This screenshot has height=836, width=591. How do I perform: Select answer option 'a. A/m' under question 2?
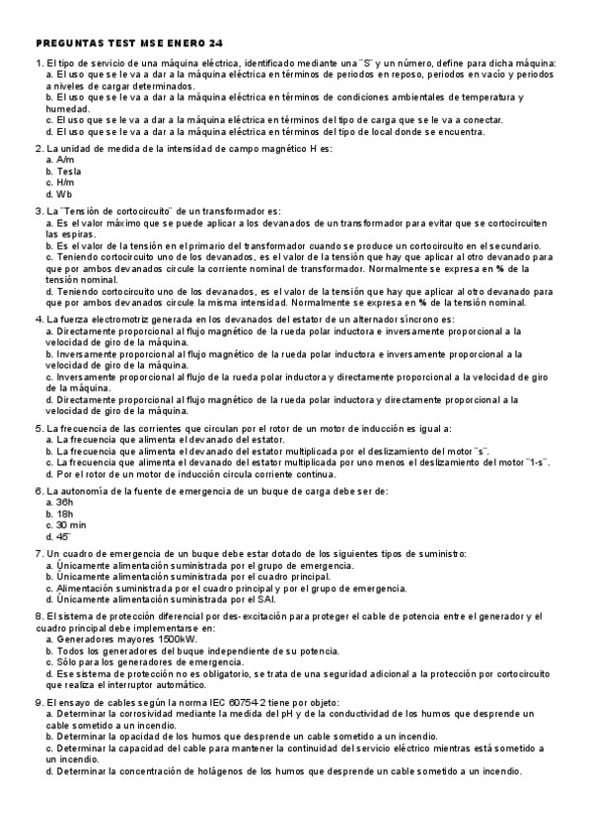[60, 160]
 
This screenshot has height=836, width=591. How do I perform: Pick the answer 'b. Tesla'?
[64, 172]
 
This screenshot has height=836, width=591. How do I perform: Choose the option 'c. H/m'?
[61, 183]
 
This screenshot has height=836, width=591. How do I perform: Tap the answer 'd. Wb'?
[59, 195]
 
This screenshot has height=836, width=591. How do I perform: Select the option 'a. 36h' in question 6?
[60, 502]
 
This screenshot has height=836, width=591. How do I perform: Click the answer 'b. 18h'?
[60, 514]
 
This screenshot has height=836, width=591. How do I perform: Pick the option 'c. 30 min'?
[68, 525]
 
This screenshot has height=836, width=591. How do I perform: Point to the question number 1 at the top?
[37, 64]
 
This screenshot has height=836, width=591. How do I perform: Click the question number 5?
[37, 428]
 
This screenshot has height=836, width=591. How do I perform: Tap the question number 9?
[37, 700]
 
